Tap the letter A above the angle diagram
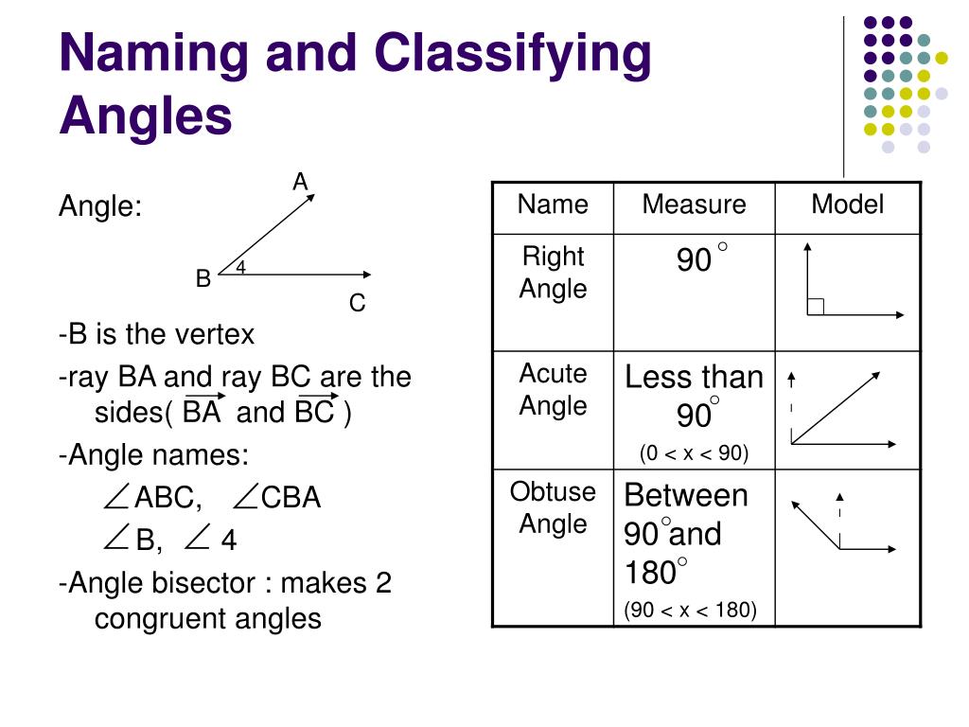(301, 182)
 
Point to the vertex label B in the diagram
(203, 279)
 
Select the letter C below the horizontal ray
(357, 304)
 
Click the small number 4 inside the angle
(241, 268)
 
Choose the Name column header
(553, 204)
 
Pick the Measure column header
(694, 204)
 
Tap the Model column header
(847, 204)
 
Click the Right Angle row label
(553, 273)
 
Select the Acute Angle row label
(553, 390)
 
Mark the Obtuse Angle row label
(553, 507)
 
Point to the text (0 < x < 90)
(694, 453)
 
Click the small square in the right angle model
(816, 306)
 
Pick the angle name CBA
(291, 498)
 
